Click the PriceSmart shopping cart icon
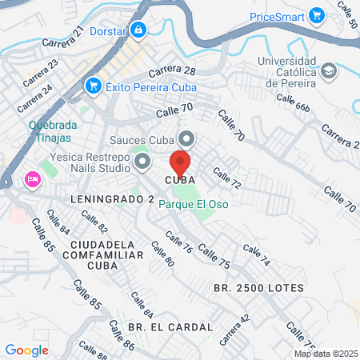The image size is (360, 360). [x=317, y=15]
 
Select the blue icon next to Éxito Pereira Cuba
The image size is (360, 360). [x=94, y=85]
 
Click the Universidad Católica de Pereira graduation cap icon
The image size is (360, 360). [x=329, y=70]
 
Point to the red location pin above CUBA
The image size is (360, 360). [x=180, y=162]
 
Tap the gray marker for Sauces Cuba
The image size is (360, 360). [x=186, y=138]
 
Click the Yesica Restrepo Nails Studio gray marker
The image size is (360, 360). [x=143, y=163]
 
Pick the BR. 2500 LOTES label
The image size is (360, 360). [x=258, y=287]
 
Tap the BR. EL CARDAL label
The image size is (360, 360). [x=170, y=327]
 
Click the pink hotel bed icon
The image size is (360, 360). [x=33, y=178]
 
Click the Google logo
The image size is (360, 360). [x=26, y=350]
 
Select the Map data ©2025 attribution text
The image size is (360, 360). [x=325, y=354]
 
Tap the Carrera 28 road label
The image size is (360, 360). [x=172, y=71]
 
